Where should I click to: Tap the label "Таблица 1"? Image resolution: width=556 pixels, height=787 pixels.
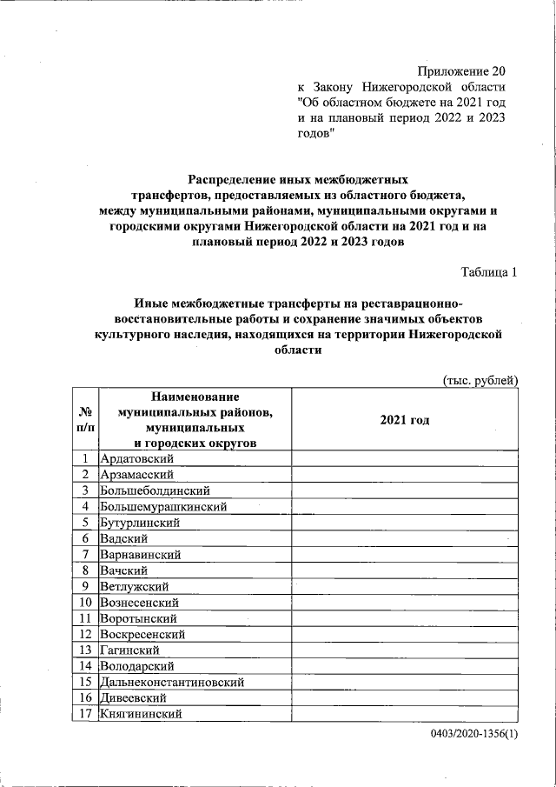point(489,272)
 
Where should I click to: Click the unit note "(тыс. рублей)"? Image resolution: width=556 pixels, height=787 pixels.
point(480,380)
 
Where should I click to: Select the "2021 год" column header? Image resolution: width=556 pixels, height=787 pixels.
point(405,420)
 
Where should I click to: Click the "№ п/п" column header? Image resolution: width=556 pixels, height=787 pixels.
point(86,420)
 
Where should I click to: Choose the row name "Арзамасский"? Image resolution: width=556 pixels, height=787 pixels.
point(137,475)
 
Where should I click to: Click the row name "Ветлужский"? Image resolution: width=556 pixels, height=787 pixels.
point(136,586)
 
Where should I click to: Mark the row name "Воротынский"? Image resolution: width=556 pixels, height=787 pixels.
point(139,618)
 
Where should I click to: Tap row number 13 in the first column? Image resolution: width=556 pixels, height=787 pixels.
point(86,650)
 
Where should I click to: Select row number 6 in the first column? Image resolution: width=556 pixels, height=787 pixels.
point(86,538)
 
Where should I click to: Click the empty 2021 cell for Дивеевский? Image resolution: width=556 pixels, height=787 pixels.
point(405,697)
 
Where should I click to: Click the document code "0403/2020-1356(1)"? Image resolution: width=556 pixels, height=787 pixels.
point(473,735)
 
